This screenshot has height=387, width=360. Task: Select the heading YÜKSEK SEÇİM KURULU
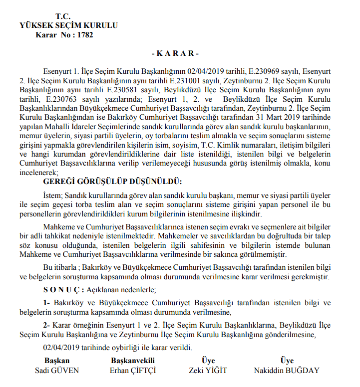pos(68,25)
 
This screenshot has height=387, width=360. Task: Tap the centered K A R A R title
pos(175,53)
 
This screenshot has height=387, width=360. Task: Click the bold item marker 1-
pos(47,303)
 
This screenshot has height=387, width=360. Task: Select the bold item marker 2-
pos(47,325)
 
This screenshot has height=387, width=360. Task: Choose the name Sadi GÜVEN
pos(56,371)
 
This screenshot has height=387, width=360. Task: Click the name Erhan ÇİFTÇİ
pos(132,371)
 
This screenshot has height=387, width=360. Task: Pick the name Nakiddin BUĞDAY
pos(286,371)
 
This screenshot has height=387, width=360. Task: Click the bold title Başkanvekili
pos(132,361)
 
